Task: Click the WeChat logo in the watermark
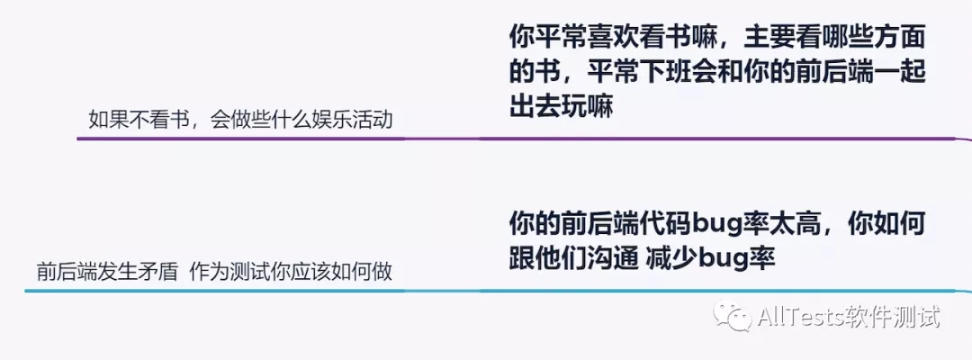pyautogui.click(x=732, y=316)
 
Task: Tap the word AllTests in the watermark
pyautogui.click(x=799, y=317)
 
